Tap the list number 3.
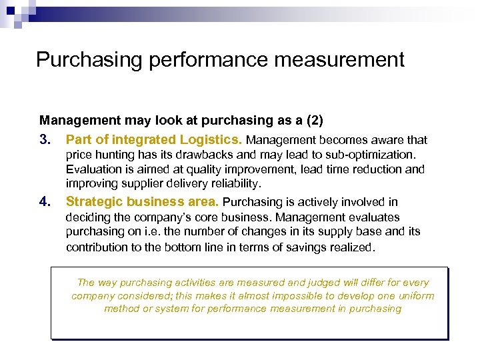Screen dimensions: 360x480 (x=44, y=140)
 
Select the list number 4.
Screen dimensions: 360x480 (x=44, y=202)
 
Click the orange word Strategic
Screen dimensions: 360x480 (x=94, y=202)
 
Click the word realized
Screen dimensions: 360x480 (x=354, y=247)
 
